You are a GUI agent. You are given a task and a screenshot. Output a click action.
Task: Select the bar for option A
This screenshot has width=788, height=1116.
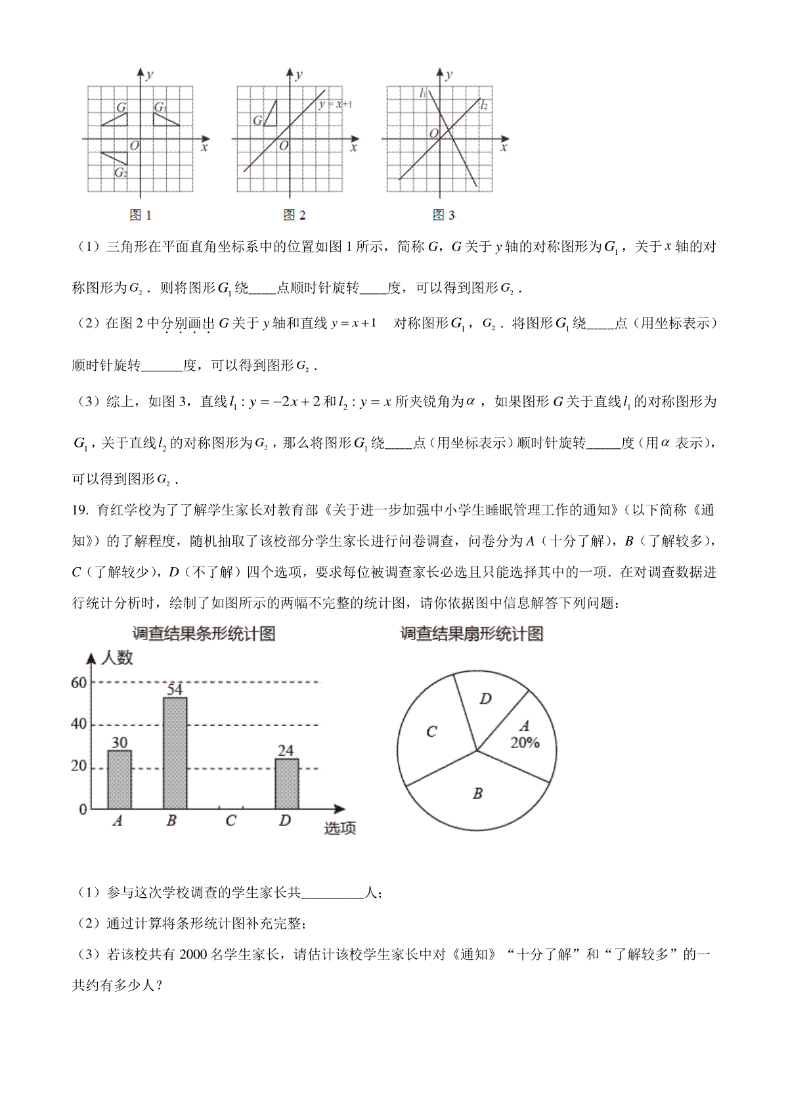click(x=119, y=779)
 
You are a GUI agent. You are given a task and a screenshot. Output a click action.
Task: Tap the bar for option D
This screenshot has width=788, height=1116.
click(x=286, y=783)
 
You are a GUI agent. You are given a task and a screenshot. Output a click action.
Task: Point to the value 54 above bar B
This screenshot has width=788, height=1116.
click(x=174, y=689)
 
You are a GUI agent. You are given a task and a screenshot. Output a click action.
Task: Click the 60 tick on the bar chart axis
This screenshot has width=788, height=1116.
click(x=79, y=683)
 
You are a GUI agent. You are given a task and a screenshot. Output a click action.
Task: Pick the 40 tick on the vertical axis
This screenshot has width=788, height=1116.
click(x=79, y=724)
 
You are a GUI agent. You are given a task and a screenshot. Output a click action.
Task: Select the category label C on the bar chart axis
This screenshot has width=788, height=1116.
click(x=230, y=821)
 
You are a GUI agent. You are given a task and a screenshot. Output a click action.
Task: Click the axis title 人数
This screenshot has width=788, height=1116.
click(x=117, y=658)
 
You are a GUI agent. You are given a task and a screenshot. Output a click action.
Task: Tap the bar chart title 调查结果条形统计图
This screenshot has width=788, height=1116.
click(x=204, y=634)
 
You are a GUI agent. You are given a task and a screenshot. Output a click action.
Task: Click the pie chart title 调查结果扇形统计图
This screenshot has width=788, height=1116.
click(x=472, y=634)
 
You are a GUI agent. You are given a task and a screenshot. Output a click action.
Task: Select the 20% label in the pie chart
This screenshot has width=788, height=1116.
click(x=525, y=743)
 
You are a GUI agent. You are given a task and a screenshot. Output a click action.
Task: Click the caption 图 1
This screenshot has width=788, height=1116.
click(x=141, y=215)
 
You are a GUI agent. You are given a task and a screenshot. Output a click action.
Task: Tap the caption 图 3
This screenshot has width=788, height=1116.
click(x=444, y=215)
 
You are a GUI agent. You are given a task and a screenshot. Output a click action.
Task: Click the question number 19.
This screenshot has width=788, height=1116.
click(x=79, y=510)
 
